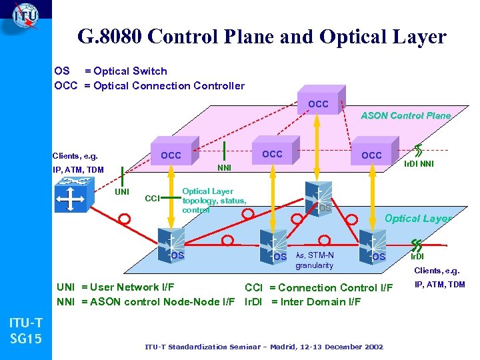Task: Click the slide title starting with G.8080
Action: pyautogui.click(x=261, y=37)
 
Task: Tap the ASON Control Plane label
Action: pyautogui.click(x=405, y=115)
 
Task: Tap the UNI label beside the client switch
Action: pyautogui.click(x=122, y=192)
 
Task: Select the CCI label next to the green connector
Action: pyautogui.click(x=153, y=198)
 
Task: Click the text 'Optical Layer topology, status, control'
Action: pyautogui.click(x=214, y=200)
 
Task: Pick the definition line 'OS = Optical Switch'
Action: pyautogui.click(x=111, y=71)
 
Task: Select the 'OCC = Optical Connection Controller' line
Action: pyautogui.click(x=149, y=85)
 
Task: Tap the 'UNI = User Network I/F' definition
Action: pyautogui.click(x=115, y=287)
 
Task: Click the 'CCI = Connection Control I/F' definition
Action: pyautogui.click(x=319, y=287)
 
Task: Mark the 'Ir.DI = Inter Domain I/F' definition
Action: pyautogui.click(x=303, y=301)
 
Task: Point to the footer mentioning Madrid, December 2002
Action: pyautogui.click(x=264, y=347)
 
